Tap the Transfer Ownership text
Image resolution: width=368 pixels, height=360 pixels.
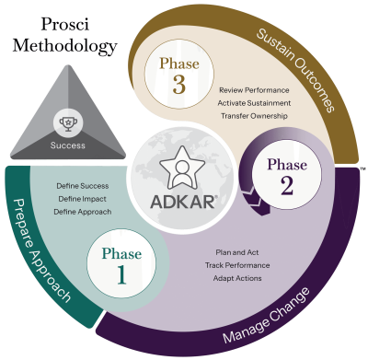(254, 115)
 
